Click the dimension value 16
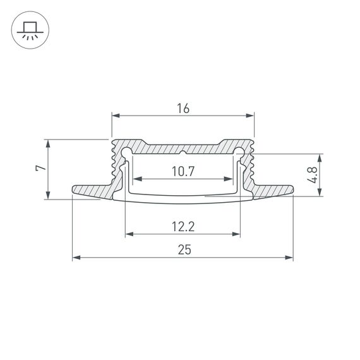pos(183,108)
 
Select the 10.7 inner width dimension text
pos(183,171)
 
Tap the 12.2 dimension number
pos(183,226)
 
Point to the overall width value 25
pos(183,249)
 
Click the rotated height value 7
pos(39,169)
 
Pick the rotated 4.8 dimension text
pos(311,175)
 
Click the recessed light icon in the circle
pos(29,30)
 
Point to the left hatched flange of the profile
pos(92,191)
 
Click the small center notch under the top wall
pos(183,153)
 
